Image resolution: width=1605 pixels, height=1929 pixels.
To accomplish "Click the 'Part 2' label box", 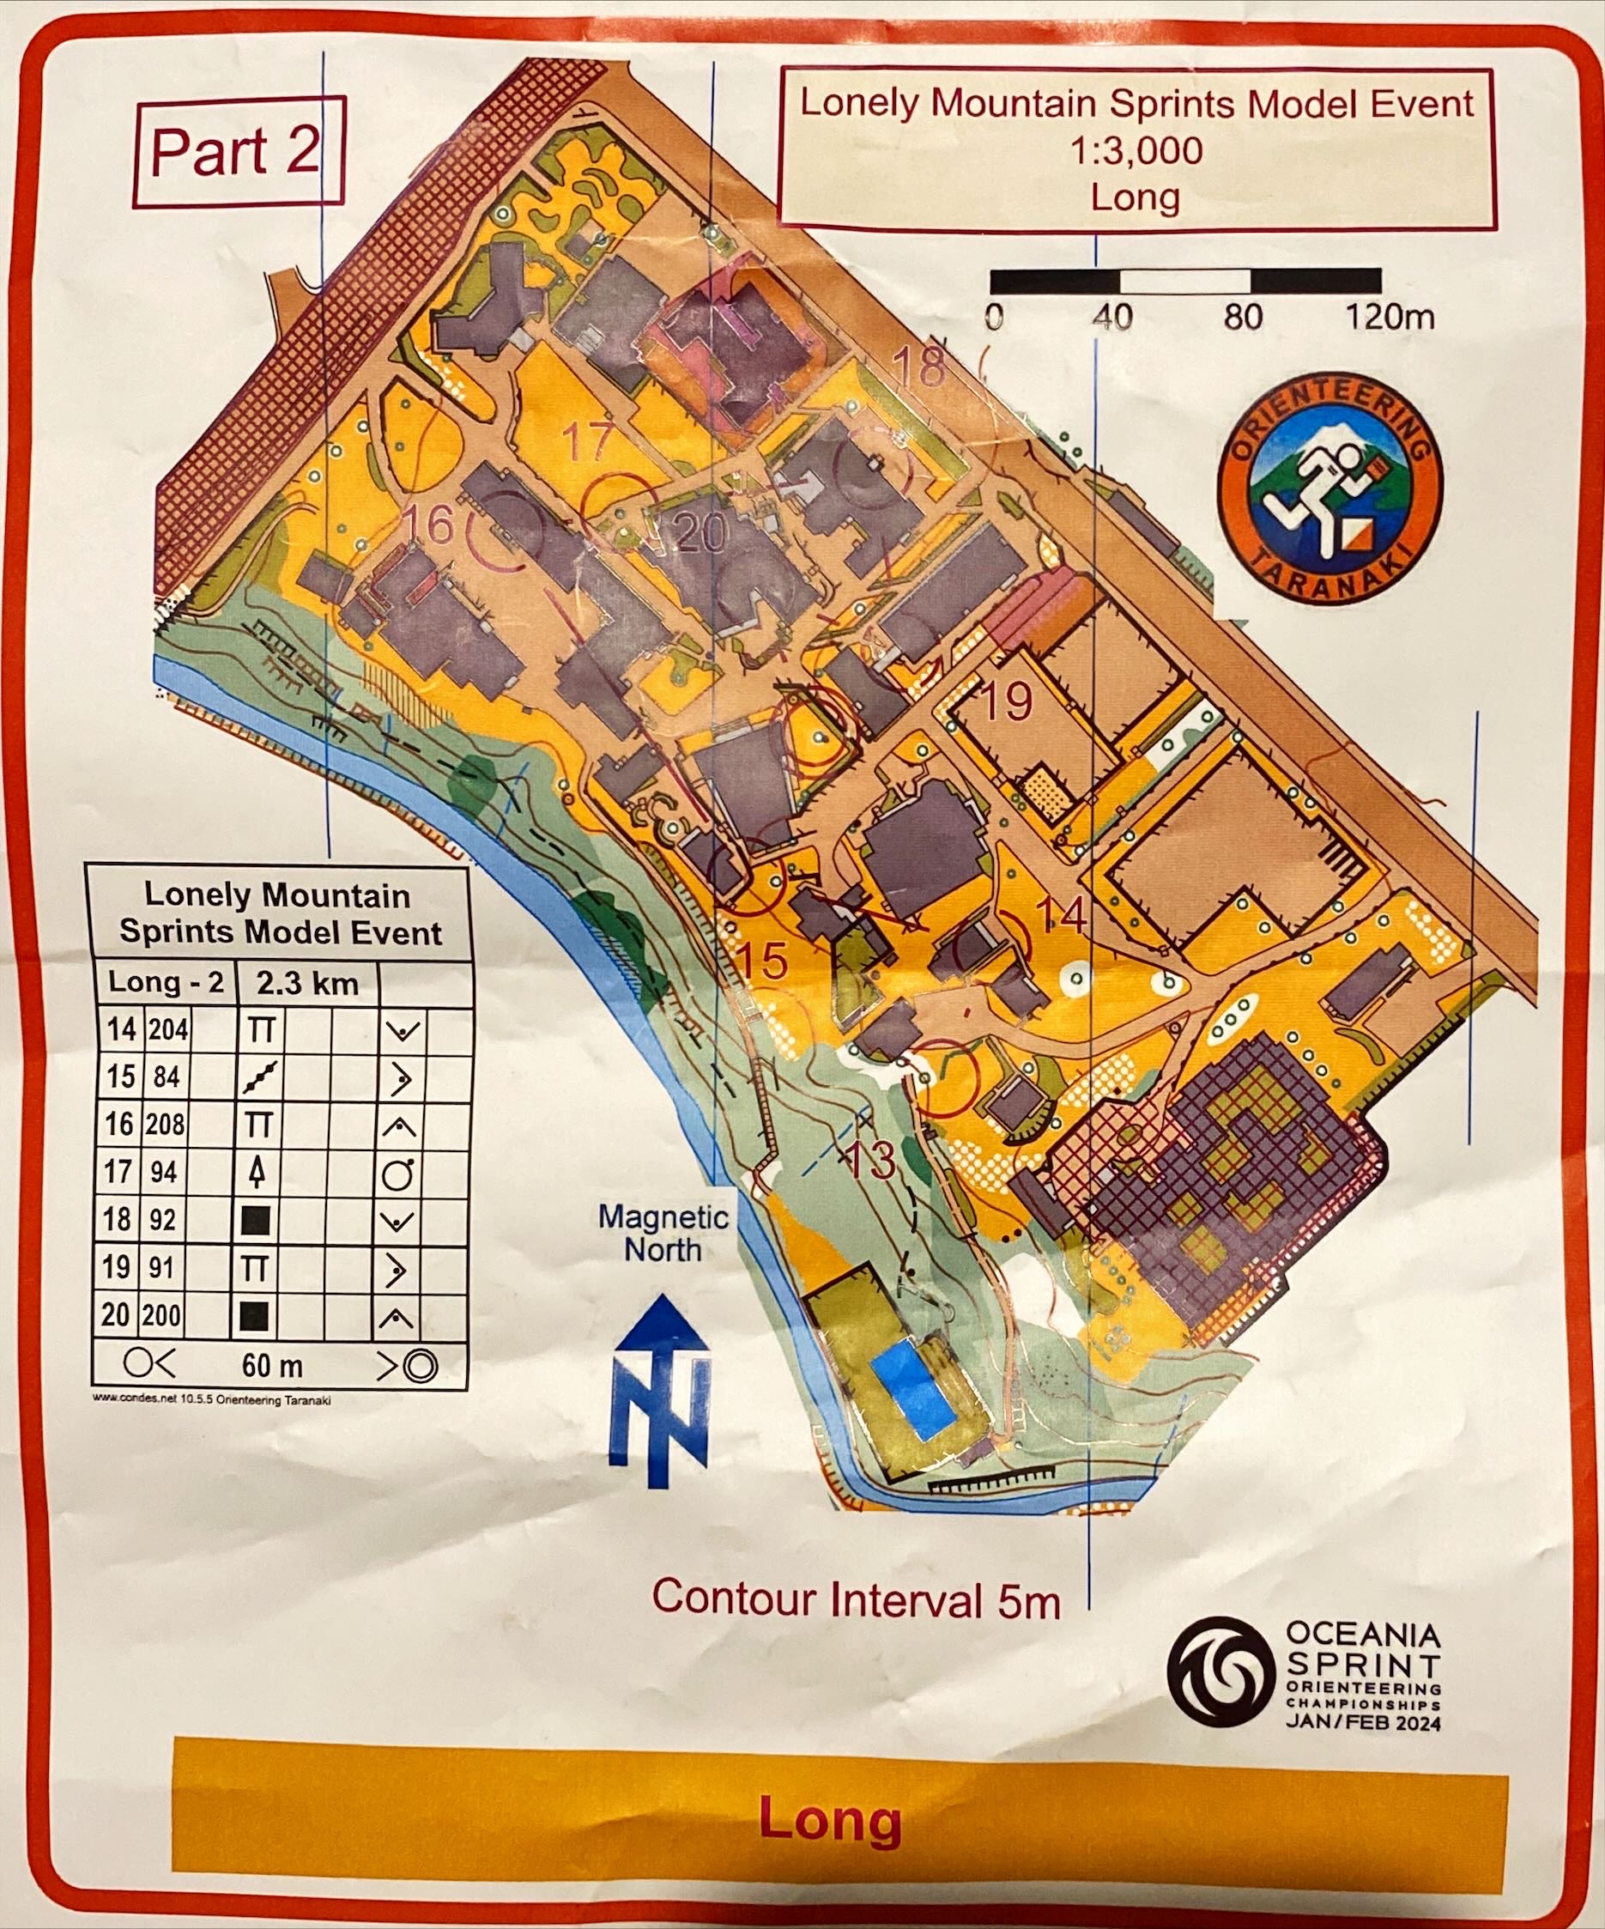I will pos(238,152).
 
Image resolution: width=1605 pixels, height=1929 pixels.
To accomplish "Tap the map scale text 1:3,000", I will pos(1135,149).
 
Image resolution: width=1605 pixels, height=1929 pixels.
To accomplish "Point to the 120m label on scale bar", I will pos(1389,318).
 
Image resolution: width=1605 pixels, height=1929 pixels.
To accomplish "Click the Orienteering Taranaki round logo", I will pos(1329,496).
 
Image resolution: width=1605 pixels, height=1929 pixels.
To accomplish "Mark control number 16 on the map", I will pos(428,526).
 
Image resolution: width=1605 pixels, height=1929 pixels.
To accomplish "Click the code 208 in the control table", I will pos(166,1125).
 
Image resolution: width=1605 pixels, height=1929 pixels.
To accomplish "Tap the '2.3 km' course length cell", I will pos(306,984).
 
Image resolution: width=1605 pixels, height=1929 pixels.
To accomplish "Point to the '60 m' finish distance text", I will pos(272,1366).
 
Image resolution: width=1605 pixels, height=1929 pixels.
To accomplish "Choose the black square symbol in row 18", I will pos(256,1221).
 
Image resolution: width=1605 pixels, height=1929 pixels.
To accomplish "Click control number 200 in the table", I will pos(164,1315).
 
